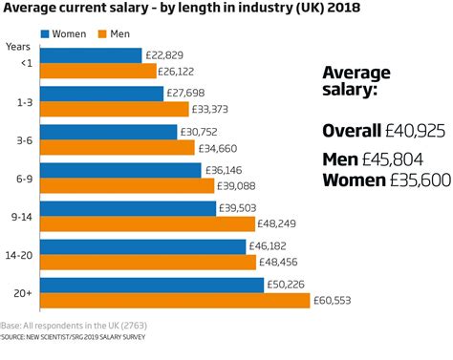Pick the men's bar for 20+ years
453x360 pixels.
point(175,301)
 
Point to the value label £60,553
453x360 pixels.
point(338,301)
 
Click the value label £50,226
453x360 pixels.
point(291,285)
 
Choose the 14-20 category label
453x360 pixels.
point(19,255)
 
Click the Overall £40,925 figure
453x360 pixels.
point(382,131)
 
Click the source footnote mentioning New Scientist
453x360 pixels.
point(81,337)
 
